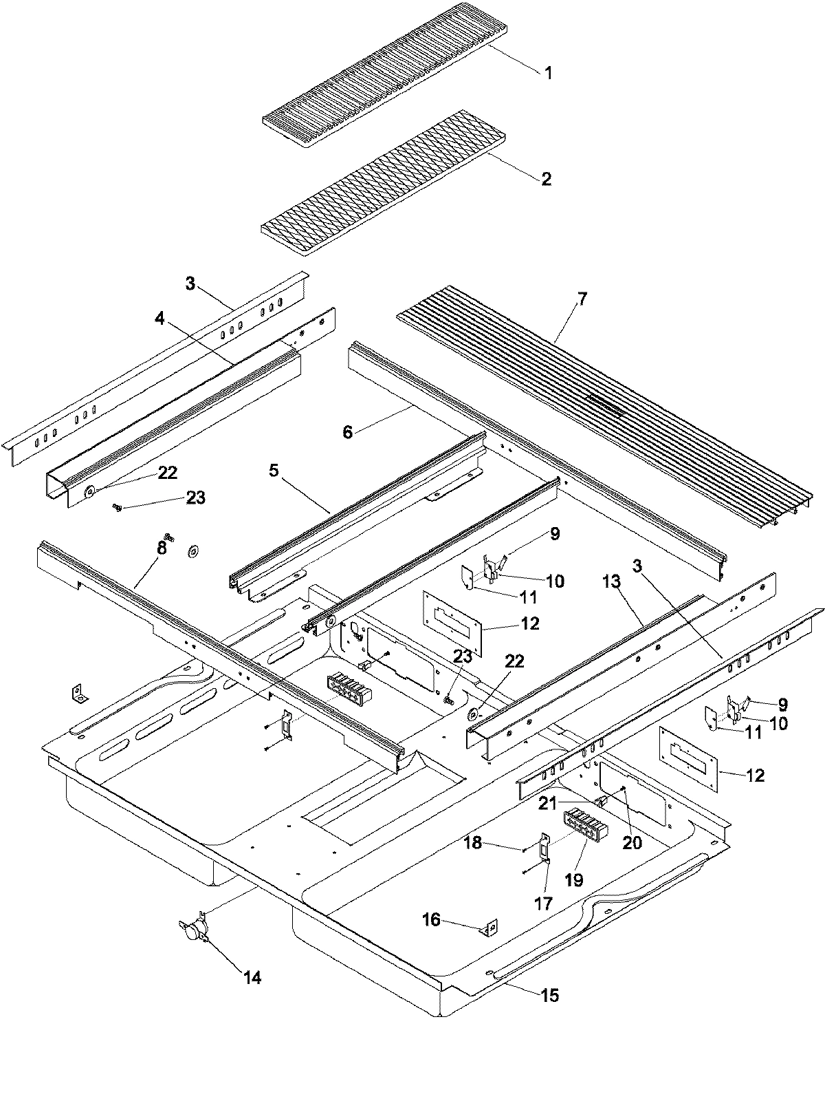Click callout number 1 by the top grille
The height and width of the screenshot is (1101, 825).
548,74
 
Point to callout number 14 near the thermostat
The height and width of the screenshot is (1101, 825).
252,977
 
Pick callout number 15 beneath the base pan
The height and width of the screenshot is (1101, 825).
550,995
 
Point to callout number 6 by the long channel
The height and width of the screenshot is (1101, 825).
348,432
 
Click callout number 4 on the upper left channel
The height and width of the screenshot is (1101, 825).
159,319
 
